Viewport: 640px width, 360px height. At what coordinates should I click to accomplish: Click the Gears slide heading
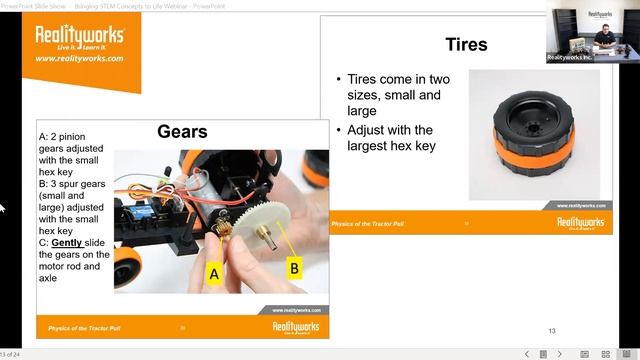point(182,132)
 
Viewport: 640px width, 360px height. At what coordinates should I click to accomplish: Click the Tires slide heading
point(466,45)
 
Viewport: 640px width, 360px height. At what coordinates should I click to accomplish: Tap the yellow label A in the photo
point(214,272)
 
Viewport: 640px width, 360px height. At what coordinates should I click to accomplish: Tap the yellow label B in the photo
point(294,266)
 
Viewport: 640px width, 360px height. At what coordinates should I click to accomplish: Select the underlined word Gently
point(66,243)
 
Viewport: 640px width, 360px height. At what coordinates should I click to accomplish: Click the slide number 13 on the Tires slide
point(552,331)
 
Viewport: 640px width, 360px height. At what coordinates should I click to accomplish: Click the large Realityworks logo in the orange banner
point(80,37)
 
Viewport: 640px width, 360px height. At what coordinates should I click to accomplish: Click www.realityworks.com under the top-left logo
point(80,59)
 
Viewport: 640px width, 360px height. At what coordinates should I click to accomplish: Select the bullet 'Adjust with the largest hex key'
point(390,138)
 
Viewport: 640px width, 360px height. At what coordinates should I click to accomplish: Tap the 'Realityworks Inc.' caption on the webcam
point(571,58)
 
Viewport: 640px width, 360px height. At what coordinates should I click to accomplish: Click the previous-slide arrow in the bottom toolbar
point(528,354)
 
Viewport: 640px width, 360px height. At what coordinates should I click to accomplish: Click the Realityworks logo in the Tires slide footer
point(580,223)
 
